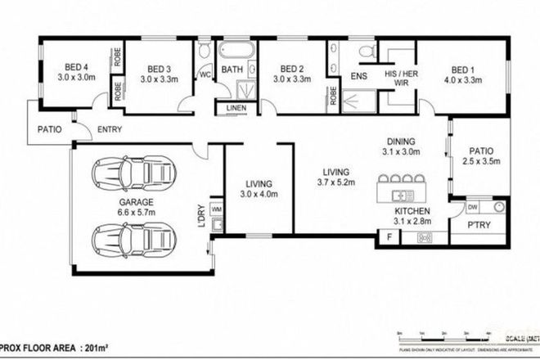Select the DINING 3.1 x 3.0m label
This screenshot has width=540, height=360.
pyautogui.click(x=400, y=146)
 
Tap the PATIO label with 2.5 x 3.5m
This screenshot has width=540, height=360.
pyautogui.click(x=479, y=156)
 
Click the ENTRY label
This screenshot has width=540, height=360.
pyautogui.click(x=110, y=129)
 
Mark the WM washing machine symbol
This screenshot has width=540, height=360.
pyautogui.click(x=217, y=210)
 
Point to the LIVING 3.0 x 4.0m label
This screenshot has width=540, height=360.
pyautogui.click(x=259, y=189)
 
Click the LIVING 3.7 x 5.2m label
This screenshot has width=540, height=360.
pyautogui.click(x=335, y=178)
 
